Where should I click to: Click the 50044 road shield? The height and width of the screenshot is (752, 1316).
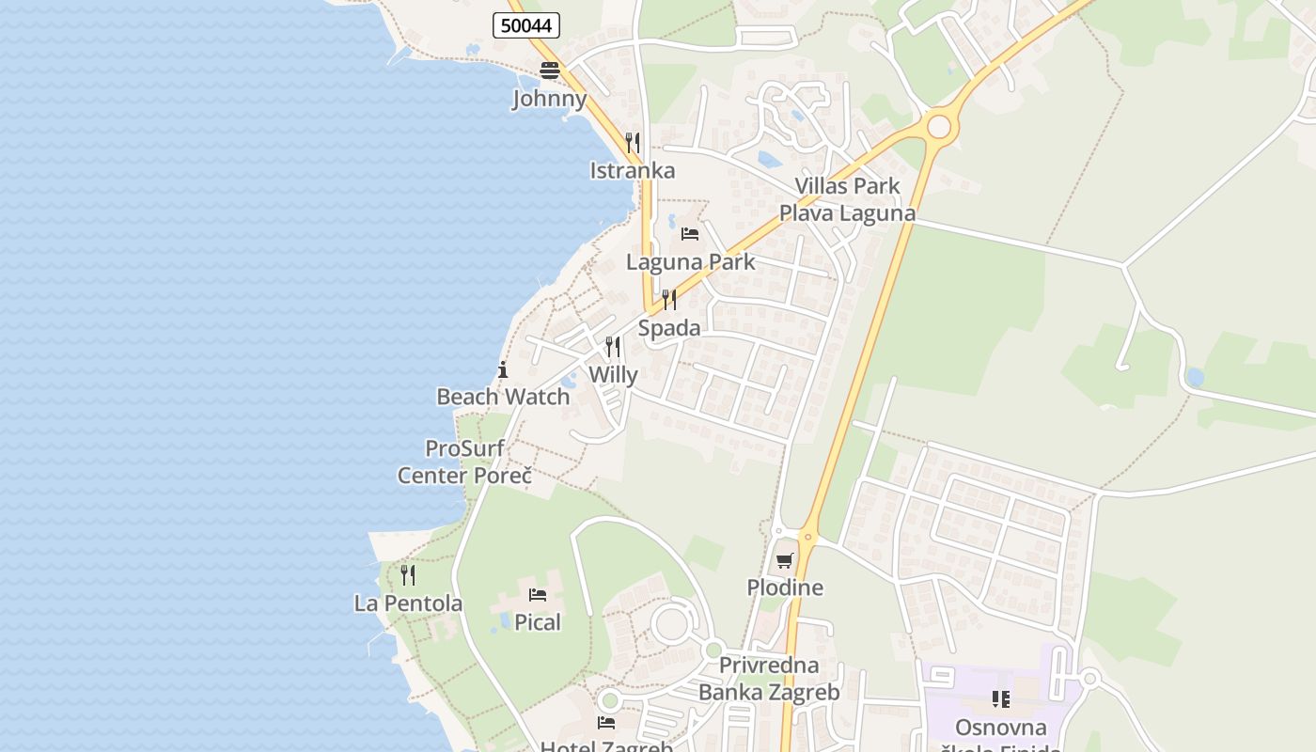[x=526, y=25]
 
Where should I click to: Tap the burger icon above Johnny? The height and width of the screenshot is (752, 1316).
[x=550, y=70]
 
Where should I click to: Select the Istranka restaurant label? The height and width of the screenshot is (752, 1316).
[x=633, y=170]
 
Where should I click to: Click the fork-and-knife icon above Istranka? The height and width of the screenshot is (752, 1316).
[x=633, y=143]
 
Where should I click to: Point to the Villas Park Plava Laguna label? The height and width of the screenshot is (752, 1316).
[x=847, y=199]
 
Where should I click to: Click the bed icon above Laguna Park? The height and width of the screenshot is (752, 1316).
[x=690, y=233]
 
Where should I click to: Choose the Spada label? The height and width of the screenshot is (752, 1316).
[x=669, y=328]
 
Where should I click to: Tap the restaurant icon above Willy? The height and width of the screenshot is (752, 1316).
[x=613, y=347]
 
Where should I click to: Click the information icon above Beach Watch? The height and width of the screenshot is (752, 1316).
[x=503, y=369]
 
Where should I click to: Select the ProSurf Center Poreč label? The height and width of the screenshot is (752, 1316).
[x=464, y=462]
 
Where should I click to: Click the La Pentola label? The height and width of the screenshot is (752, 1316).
[x=408, y=603]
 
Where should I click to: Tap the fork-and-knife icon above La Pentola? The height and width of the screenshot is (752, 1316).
[x=408, y=574]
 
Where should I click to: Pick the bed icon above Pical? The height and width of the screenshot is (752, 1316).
[x=538, y=594]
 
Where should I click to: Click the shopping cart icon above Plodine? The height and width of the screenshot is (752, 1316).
[x=785, y=560]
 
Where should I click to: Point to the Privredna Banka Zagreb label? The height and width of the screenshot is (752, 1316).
[x=769, y=679]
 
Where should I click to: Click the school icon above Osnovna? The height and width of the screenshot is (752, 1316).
[x=1001, y=699]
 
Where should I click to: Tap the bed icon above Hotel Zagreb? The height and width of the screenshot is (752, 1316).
[x=606, y=722]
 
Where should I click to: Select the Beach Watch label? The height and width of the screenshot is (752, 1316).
[x=503, y=397]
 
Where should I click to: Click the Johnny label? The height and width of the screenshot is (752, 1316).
[x=550, y=99]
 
